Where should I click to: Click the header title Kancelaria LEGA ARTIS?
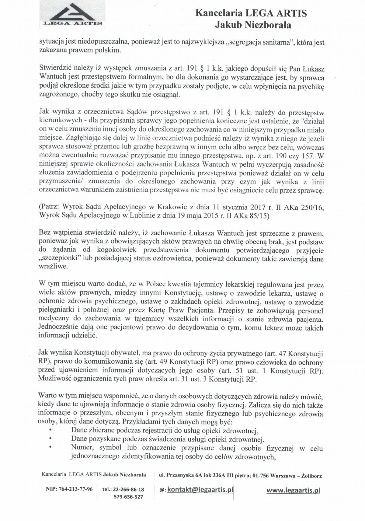251,13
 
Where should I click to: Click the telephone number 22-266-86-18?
128,490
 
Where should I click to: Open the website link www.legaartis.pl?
293,490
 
